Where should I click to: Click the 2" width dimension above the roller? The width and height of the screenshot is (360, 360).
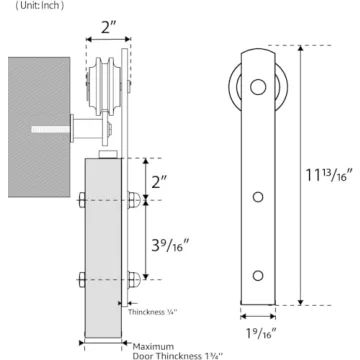(107, 27)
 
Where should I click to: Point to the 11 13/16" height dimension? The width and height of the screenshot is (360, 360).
(329, 176)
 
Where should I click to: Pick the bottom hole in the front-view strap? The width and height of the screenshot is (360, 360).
(258, 273)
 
